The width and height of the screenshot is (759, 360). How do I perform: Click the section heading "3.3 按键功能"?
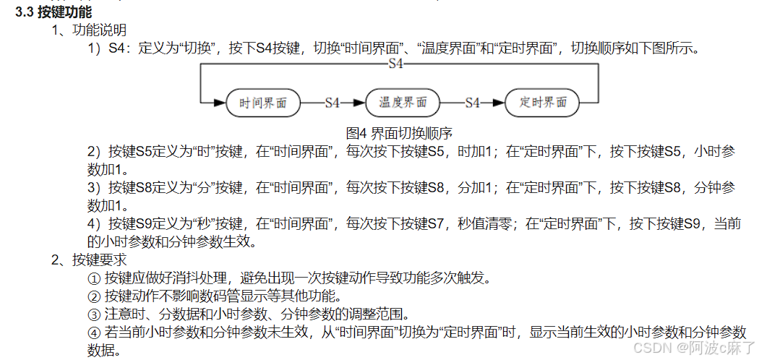click(x=53, y=12)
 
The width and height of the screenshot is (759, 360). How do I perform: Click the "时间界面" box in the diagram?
click(x=262, y=103)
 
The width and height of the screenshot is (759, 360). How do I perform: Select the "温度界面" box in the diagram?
click(x=403, y=103)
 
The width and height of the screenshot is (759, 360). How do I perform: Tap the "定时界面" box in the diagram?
click(x=542, y=103)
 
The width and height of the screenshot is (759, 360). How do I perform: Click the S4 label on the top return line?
click(x=395, y=64)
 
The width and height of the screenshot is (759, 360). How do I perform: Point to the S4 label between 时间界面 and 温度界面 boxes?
click(x=332, y=103)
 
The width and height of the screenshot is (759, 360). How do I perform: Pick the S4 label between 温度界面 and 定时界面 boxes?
click(x=472, y=103)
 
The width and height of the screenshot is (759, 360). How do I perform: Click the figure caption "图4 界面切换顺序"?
click(x=399, y=133)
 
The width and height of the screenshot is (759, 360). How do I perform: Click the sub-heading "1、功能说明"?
click(x=90, y=30)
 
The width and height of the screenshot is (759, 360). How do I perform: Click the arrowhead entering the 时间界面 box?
click(x=220, y=103)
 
